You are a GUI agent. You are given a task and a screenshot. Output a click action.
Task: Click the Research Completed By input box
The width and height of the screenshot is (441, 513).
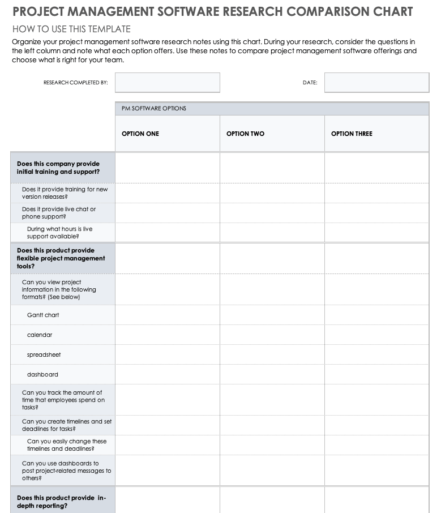(167, 83)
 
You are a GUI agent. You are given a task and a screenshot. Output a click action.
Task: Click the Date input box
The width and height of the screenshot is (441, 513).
(376, 83)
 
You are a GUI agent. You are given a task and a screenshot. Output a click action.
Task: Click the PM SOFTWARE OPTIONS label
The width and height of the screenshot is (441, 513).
(154, 108)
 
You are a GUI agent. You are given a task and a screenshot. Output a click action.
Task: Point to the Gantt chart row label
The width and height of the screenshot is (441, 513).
(43, 315)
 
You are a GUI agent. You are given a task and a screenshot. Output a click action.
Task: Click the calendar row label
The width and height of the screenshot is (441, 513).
(40, 335)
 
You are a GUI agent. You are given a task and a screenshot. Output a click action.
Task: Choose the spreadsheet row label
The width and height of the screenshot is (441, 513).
(44, 354)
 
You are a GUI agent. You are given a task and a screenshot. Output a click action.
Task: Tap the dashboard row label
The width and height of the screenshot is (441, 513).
(42, 374)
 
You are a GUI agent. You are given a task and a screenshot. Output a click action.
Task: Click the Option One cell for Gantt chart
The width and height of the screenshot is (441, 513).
(167, 315)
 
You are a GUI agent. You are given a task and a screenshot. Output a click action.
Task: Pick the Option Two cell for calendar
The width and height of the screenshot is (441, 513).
(272, 335)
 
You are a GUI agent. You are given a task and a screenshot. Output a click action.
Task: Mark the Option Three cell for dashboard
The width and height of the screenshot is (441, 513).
(376, 374)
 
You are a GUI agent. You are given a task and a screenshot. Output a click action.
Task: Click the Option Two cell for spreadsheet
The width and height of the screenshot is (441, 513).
(272, 354)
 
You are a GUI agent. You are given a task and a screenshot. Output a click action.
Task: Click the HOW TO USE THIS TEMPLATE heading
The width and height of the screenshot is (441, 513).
(71, 29)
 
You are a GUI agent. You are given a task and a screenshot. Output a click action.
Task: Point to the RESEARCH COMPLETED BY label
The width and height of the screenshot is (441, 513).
(75, 83)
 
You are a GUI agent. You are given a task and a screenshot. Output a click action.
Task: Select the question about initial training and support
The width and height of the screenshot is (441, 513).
(58, 168)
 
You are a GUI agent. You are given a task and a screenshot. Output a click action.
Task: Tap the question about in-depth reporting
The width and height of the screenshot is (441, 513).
(61, 502)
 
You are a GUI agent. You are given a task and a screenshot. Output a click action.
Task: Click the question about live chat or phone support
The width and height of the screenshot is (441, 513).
(59, 213)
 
